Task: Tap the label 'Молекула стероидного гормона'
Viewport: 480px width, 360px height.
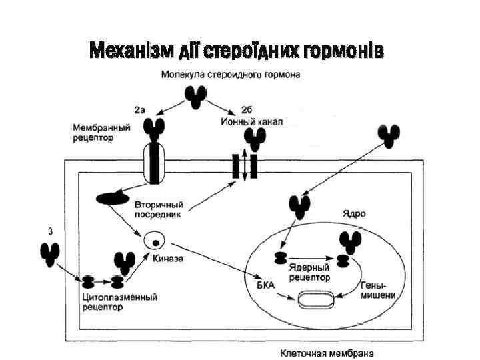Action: [231, 75]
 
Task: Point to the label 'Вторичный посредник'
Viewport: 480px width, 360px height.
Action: [159, 209]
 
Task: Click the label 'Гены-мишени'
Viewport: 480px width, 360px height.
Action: [377, 290]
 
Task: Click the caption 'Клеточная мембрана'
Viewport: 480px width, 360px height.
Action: [327, 353]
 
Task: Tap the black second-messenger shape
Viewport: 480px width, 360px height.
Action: [113, 198]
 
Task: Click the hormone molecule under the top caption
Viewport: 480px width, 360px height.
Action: [195, 95]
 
